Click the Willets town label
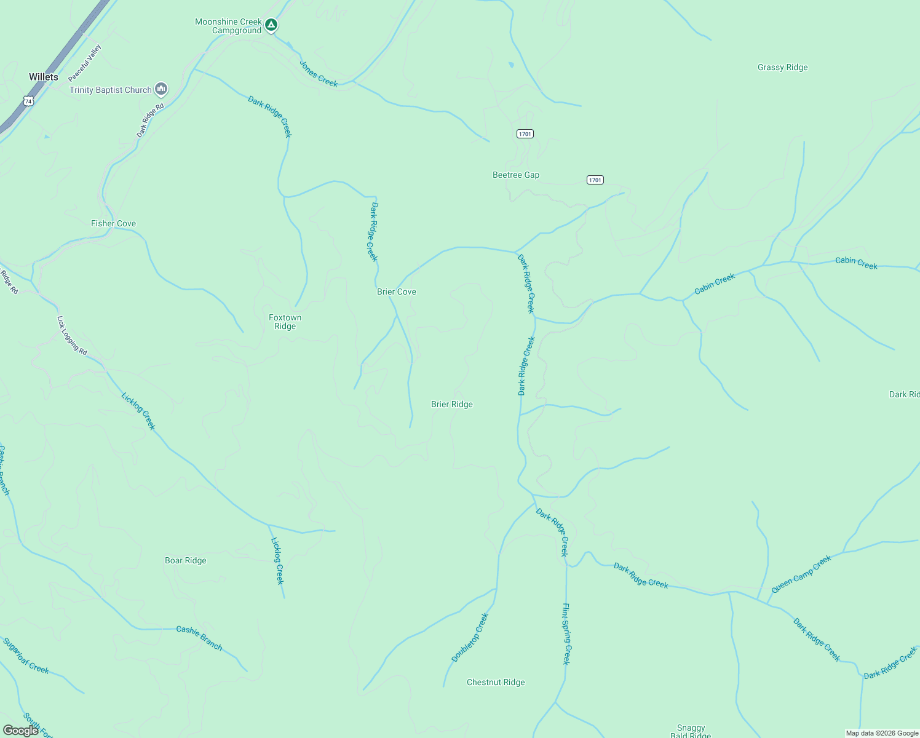click(x=44, y=77)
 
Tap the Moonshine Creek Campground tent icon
click(x=271, y=25)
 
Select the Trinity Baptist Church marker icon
click(x=161, y=90)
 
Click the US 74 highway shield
click(x=28, y=100)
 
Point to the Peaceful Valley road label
click(x=85, y=63)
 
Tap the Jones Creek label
click(x=319, y=74)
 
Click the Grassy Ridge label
click(x=782, y=68)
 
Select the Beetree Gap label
click(x=516, y=175)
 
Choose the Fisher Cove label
click(x=113, y=224)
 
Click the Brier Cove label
click(x=397, y=292)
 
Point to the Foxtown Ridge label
click(x=285, y=322)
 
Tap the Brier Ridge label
click(x=452, y=405)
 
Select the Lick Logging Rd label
click(x=72, y=336)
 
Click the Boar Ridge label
click(x=186, y=561)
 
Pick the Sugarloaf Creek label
click(x=26, y=656)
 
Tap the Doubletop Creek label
click(x=470, y=638)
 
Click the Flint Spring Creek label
click(x=566, y=633)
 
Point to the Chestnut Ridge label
click(x=496, y=683)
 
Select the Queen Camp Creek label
click(x=801, y=574)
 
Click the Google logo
click(x=21, y=731)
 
